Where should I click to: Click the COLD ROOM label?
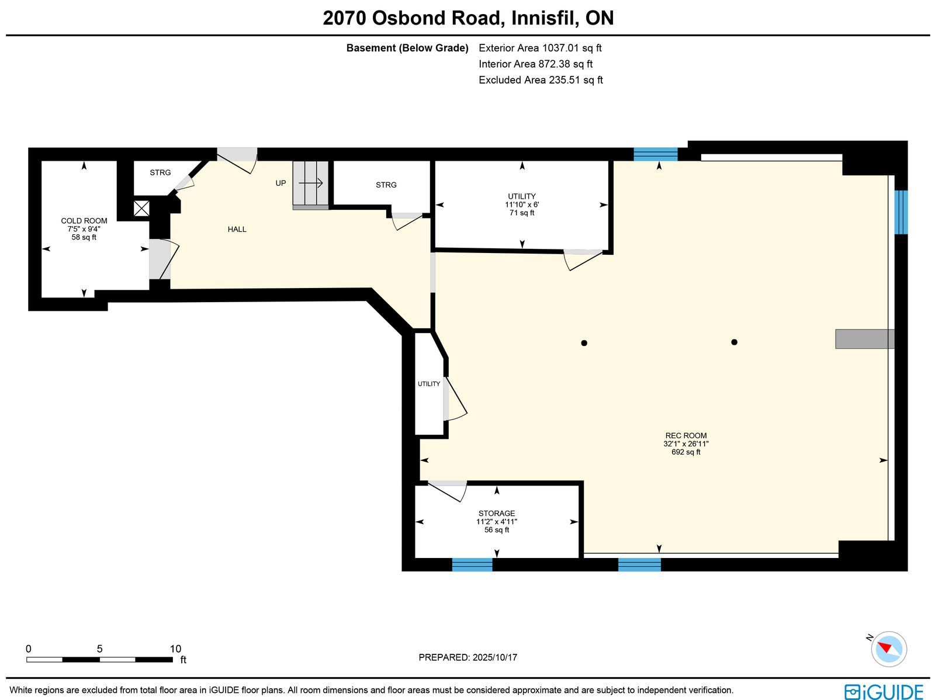[x=84, y=220]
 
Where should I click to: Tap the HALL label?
[x=237, y=230]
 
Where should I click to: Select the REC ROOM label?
[x=686, y=435]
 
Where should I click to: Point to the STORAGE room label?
[x=497, y=514]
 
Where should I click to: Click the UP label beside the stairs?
[x=280, y=183]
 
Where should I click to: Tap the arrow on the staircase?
[x=310, y=183]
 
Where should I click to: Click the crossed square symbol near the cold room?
[x=141, y=209]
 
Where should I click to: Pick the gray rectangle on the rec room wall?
[x=865, y=339]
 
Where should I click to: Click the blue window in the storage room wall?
[x=472, y=564]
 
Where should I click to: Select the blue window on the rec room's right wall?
[x=901, y=212]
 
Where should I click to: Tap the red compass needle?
[x=885, y=647]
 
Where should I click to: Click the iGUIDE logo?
[x=884, y=691]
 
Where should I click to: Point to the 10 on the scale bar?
[x=175, y=649]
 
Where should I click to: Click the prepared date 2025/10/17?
[x=495, y=657]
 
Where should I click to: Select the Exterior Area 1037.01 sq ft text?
[x=540, y=48]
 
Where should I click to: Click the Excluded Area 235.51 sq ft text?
[x=541, y=80]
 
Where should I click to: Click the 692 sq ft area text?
[x=686, y=452]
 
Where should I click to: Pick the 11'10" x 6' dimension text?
[x=522, y=205]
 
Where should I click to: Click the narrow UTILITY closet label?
[x=428, y=384]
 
